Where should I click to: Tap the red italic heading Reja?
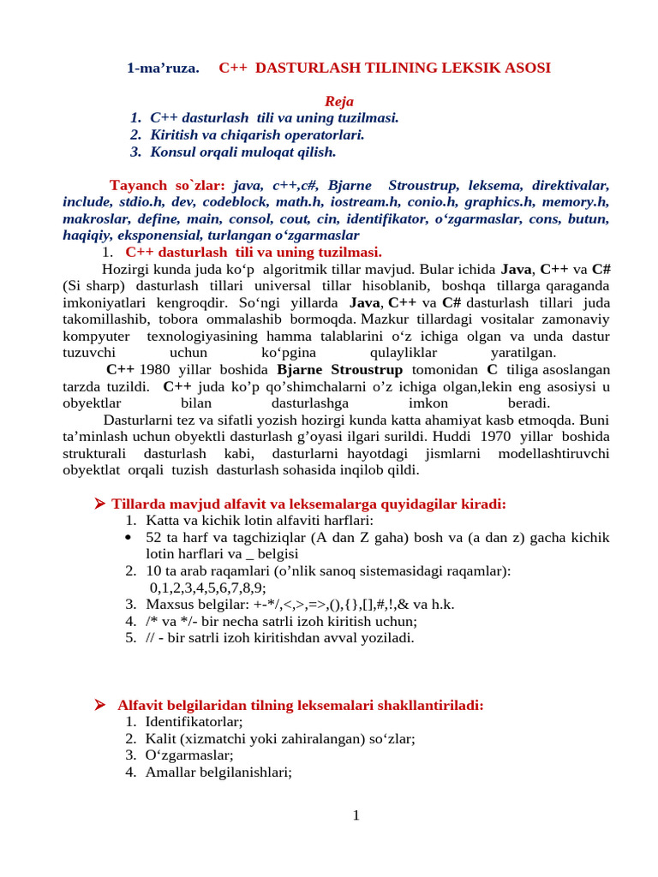click(x=338, y=101)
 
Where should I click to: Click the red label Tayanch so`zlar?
click(x=167, y=185)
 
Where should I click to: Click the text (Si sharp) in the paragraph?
click(x=96, y=285)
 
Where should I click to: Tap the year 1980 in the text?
click(x=154, y=369)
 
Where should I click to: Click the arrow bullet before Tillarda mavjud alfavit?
click(x=99, y=504)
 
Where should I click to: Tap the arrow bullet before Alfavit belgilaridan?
click(x=99, y=705)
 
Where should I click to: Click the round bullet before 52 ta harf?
click(x=130, y=538)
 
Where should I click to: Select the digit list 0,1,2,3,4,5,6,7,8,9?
click(x=208, y=588)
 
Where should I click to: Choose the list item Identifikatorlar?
click(x=194, y=722)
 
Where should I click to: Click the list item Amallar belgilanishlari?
click(x=218, y=772)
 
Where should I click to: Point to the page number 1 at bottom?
click(x=356, y=815)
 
